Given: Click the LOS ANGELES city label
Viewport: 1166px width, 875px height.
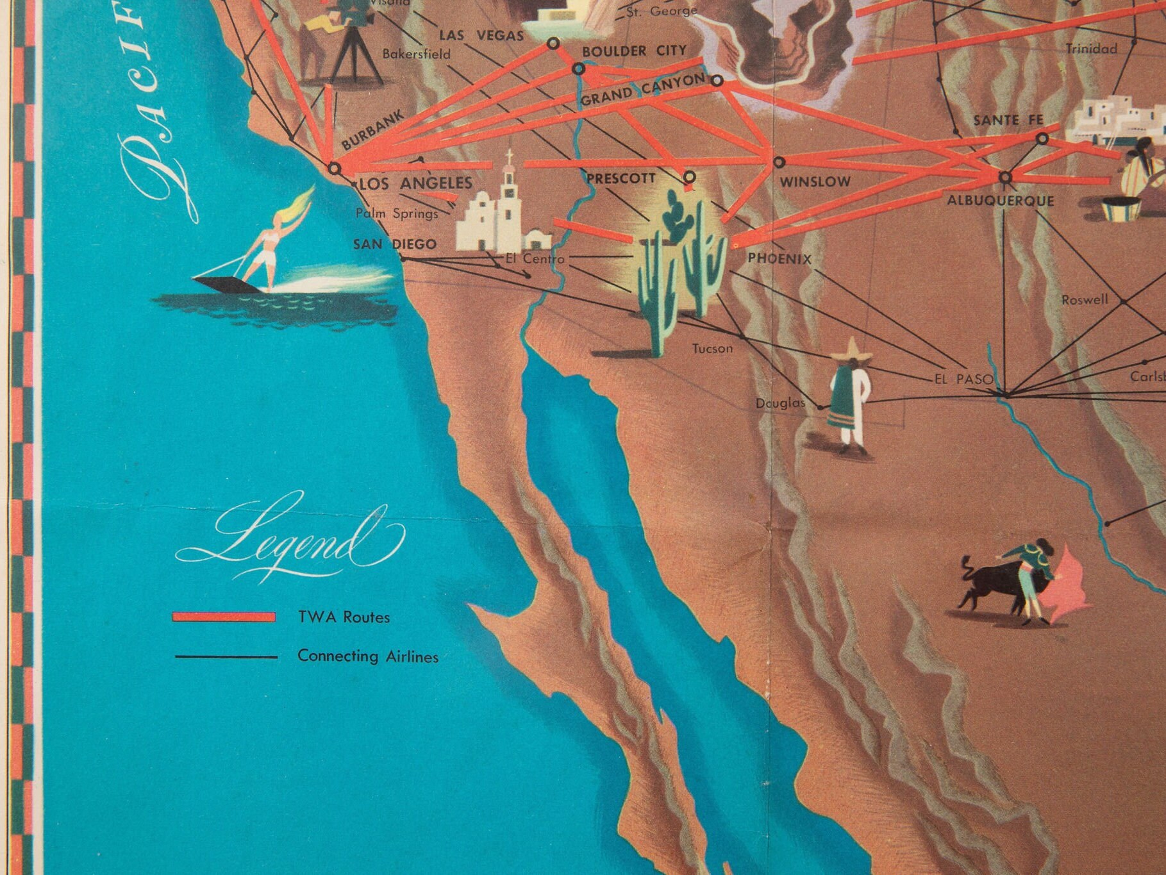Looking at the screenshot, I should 415,183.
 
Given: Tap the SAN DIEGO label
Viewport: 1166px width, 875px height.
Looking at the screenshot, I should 395,244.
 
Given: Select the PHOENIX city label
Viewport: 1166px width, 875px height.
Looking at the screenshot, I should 779,259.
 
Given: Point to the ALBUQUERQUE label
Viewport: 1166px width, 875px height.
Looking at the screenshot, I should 1000,201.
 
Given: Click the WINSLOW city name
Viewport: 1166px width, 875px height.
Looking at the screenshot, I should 815,182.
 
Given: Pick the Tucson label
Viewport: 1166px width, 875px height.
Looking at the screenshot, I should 712,349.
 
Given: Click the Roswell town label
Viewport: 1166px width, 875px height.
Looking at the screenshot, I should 1085,299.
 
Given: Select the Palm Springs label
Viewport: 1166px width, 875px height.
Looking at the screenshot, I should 397,213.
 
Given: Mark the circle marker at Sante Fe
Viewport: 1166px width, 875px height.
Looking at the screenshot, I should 1042,138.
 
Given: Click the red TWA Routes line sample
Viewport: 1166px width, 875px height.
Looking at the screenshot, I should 223,617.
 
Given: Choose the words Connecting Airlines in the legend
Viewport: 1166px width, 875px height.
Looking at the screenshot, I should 368,656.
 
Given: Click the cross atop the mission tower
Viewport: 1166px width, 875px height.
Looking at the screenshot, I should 510,157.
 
